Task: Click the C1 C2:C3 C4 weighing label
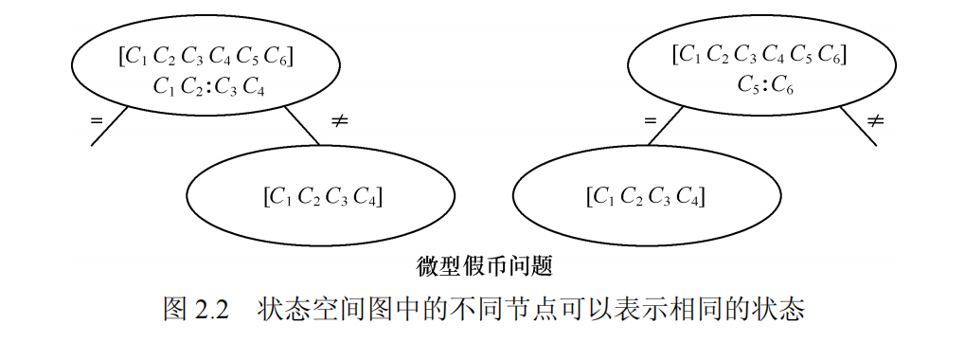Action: (207, 86)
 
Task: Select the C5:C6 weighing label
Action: (764, 84)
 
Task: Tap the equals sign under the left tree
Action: (96, 120)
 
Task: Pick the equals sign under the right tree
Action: (650, 121)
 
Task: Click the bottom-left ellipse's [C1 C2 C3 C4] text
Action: (322, 197)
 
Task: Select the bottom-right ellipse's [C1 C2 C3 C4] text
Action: (646, 197)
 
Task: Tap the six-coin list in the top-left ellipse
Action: (206, 57)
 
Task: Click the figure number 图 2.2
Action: (197, 310)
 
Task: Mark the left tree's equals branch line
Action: (109, 127)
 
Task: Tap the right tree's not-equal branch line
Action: (858, 127)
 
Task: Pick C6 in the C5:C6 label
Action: (782, 85)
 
